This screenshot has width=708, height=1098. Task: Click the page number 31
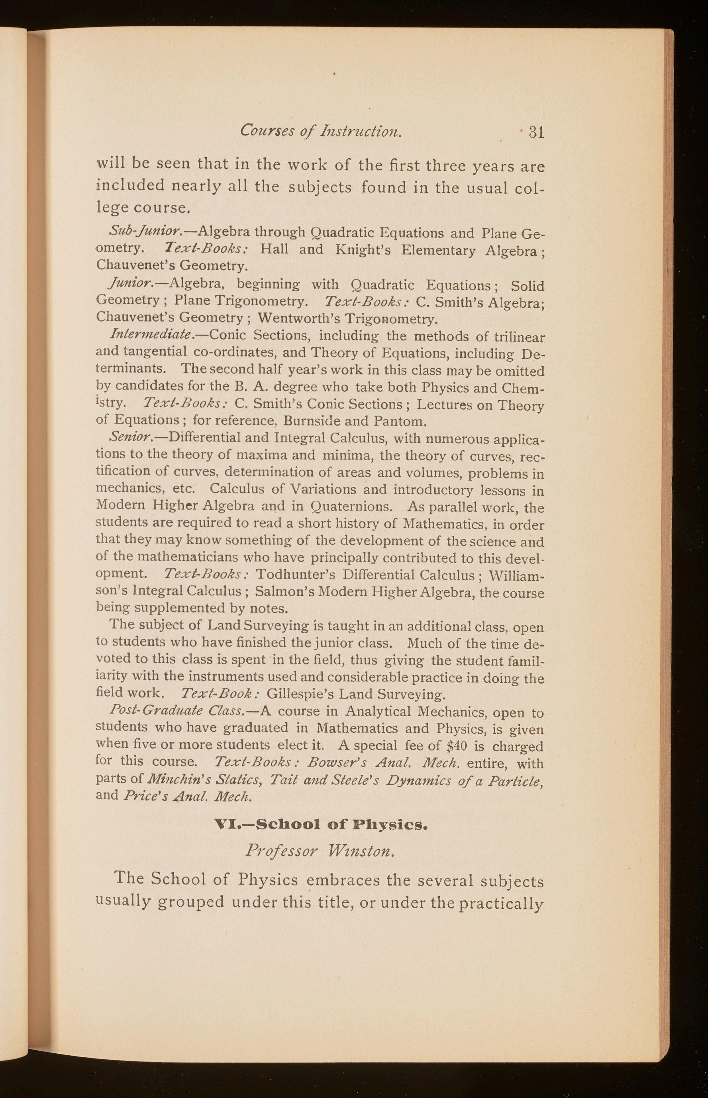pos(536,132)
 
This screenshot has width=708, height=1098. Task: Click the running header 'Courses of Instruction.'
pos(321,131)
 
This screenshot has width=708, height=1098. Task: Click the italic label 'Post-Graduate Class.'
pos(177,711)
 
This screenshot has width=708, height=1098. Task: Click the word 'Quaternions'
pos(352,506)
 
